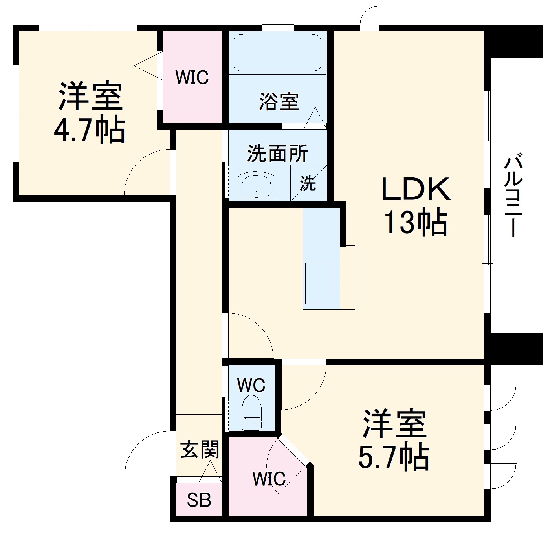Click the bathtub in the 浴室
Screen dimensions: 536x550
[x=277, y=52]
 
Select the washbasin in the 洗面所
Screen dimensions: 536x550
[x=257, y=186]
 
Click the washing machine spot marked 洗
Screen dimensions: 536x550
[x=308, y=183]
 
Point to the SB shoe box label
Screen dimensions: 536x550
[x=199, y=500]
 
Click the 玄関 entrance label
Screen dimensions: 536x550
[x=200, y=450]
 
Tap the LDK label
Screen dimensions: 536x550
[x=416, y=190]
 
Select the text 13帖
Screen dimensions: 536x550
[x=416, y=222]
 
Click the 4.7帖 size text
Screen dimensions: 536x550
[x=90, y=129]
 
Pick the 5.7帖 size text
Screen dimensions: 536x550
[x=394, y=457]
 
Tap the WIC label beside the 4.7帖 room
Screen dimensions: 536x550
[x=192, y=77]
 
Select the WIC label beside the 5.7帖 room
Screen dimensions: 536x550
[x=269, y=479]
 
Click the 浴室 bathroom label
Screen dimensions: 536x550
[x=279, y=101]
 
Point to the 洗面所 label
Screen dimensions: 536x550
[x=277, y=154]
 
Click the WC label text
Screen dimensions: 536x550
[x=251, y=386]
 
